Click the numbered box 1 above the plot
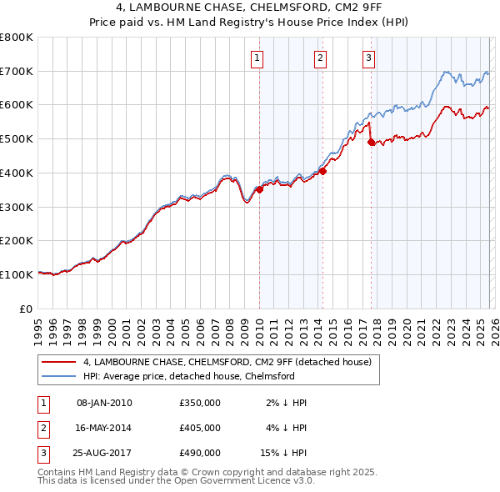coord(257,58)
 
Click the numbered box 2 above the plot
coord(321,58)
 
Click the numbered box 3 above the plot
coord(368,58)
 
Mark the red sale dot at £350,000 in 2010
coord(259,189)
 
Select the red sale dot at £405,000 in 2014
coord(322,171)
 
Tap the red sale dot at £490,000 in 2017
coord(371,142)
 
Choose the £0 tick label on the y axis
coord(26,309)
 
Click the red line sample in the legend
coord(58,362)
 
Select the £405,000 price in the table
coord(199,428)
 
